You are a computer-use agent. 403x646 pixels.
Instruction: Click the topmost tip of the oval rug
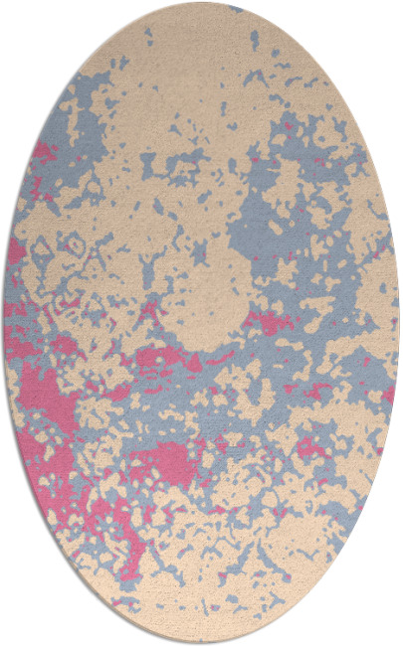pos(201,3)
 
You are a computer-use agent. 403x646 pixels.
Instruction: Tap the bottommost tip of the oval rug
pos(201,642)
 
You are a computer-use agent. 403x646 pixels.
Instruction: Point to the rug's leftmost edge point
pos(4,323)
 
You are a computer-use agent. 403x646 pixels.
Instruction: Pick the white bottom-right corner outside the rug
pos(394,637)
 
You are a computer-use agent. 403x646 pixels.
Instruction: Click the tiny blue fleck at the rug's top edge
pos(236,9)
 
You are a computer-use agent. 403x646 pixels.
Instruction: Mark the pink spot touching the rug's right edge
pos(389,393)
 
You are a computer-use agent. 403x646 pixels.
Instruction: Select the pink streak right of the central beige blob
pos(264,320)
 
